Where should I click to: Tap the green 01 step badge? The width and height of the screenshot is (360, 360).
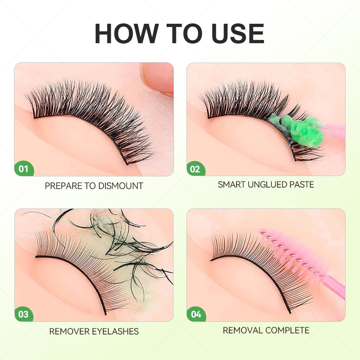(x=23, y=168)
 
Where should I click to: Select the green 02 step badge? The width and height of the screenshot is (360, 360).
(x=195, y=169)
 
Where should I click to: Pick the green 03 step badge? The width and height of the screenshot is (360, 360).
(x=23, y=314)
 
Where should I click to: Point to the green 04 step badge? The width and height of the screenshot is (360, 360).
(x=196, y=314)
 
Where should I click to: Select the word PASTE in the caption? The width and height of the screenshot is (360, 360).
(x=301, y=185)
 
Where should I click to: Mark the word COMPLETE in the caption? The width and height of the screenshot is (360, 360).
(x=287, y=330)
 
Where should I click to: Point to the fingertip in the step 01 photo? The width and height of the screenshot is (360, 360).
(x=158, y=77)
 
